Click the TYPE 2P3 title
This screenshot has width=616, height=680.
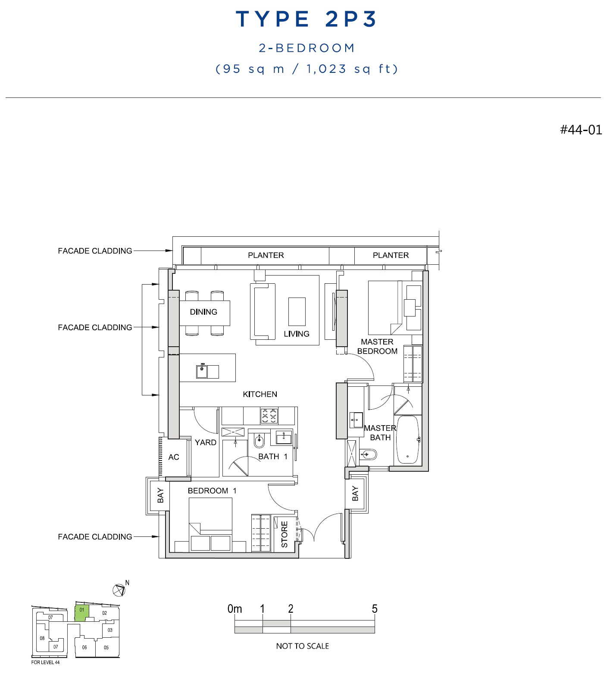pos(306,19)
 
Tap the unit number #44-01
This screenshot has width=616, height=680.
pos(581,130)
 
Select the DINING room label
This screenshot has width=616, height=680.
pos(203,312)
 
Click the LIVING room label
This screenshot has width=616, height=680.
pos(297,334)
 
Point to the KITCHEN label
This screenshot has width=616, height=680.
pos(260,394)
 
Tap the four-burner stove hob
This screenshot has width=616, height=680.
pos(269,416)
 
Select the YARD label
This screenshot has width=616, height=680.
pos(206,442)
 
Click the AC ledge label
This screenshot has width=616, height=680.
pos(174,457)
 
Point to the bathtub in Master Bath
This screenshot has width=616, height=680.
pos(408,439)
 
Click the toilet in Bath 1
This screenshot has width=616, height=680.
pos(259,440)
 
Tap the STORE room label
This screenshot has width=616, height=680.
pos(285,534)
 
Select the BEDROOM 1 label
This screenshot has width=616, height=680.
pos(212,491)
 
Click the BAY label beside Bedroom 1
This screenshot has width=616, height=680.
pos(161,495)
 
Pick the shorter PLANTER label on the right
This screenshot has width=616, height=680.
pos(391,255)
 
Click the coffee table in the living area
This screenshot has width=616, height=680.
pos(297,311)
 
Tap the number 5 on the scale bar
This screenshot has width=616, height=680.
pos(375,608)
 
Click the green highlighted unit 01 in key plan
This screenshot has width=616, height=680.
pos(82,612)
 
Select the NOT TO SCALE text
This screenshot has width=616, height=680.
pos(303,646)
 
